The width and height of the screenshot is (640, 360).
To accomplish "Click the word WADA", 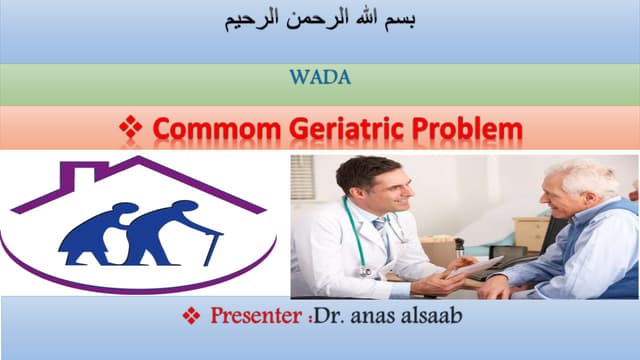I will point(320,76).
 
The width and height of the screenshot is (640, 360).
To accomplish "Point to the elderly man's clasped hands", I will point(500,286).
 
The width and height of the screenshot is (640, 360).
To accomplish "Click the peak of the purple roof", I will point(141,160).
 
